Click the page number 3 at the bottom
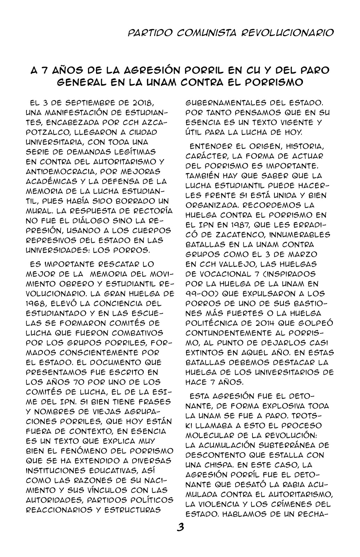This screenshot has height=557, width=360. tap(180, 527)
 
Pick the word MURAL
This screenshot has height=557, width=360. tap(40, 211)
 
